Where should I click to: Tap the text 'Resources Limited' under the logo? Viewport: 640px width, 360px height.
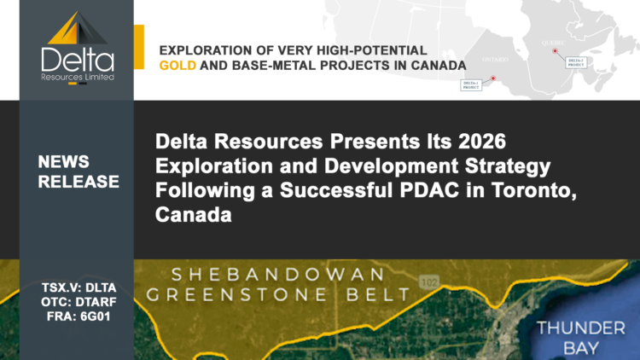coord(76,76)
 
